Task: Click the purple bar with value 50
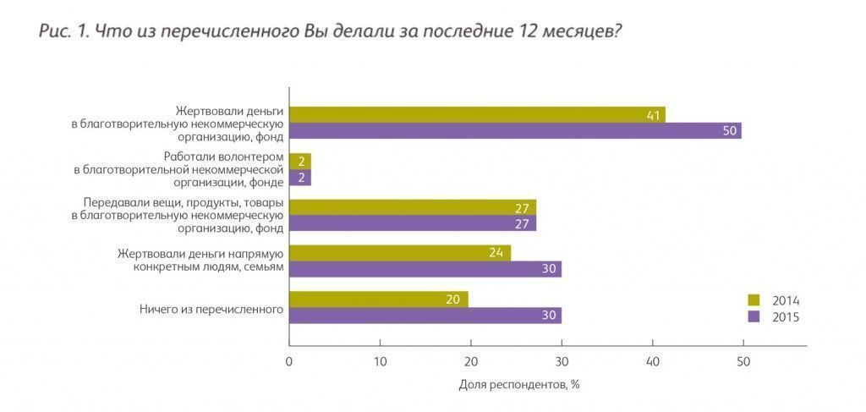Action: (x=515, y=130)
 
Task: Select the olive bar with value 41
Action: (x=477, y=114)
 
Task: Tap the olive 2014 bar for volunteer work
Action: (x=300, y=161)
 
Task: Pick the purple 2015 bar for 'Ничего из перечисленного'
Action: (x=425, y=316)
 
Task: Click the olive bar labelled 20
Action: (x=379, y=299)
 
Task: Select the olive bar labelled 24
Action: (x=400, y=253)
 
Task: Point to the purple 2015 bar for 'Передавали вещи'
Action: (x=413, y=223)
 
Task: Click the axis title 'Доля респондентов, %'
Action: (x=518, y=384)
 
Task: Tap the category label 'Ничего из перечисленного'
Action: (x=211, y=309)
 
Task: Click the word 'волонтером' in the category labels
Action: (x=252, y=157)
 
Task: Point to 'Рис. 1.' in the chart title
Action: (x=63, y=32)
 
